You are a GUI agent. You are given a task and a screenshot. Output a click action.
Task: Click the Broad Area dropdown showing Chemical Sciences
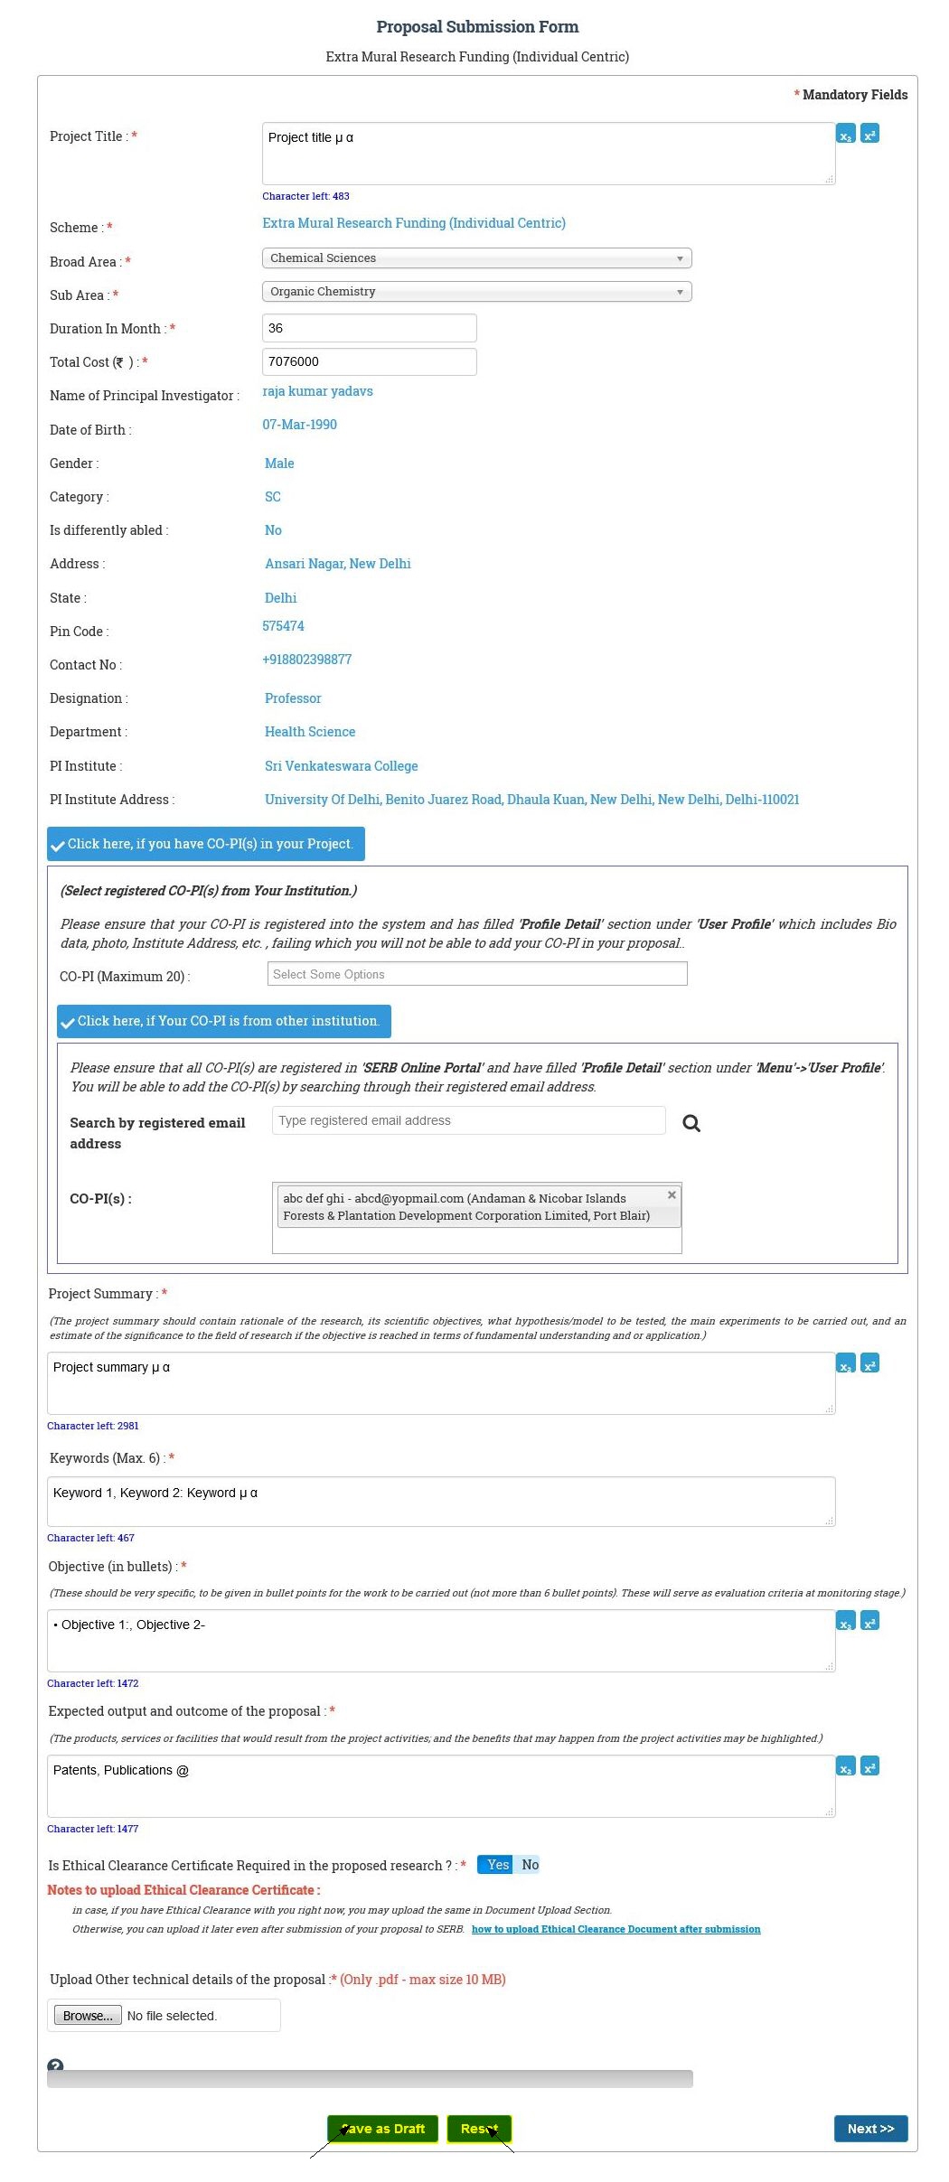pos(476,258)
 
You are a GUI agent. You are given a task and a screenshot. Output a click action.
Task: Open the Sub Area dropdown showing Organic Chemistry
pos(476,292)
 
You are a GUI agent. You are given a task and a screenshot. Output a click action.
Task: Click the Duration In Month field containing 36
pos(369,328)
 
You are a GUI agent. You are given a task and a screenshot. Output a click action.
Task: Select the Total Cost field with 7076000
pos(369,361)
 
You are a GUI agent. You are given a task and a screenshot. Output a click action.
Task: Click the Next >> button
pos(869,2129)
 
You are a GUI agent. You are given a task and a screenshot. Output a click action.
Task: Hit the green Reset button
pos(479,2129)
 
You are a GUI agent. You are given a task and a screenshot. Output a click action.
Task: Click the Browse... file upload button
pos(88,2016)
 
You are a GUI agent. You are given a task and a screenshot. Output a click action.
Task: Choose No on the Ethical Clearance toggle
pos(530,1865)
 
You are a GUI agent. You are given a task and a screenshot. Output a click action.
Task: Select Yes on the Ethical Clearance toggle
pos(497,1865)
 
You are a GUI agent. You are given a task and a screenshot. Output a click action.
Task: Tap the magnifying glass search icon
pos(691,1123)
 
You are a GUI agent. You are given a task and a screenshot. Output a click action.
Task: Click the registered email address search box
pos(468,1120)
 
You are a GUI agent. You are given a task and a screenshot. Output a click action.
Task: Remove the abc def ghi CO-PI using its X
pos(672,1195)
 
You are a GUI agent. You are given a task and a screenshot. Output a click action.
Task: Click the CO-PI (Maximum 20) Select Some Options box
pos(476,974)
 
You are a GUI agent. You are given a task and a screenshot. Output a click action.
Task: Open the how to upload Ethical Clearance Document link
pos(615,1929)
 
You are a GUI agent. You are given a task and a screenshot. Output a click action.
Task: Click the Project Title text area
pos(548,154)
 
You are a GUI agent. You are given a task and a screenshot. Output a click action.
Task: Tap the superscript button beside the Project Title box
pos(869,135)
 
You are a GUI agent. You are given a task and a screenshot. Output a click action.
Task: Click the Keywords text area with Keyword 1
pos(440,1501)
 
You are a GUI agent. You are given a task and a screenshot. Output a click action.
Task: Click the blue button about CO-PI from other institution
pos(223,1021)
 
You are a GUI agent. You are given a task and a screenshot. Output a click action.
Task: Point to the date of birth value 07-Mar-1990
pos(299,425)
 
